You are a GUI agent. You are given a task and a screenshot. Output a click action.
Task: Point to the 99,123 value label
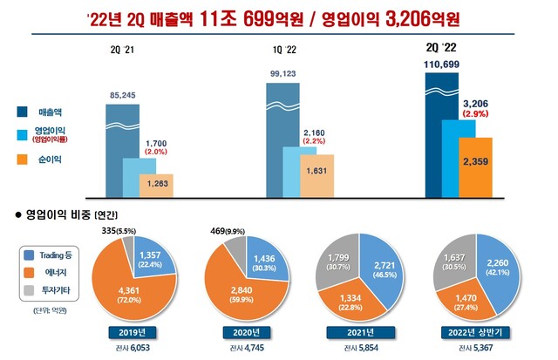(x=283, y=75)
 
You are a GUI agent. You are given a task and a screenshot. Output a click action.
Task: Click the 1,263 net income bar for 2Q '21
(x=157, y=184)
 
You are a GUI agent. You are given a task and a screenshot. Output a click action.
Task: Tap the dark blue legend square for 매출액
(x=20, y=111)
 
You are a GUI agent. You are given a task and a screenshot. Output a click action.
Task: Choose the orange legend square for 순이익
(x=20, y=160)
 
